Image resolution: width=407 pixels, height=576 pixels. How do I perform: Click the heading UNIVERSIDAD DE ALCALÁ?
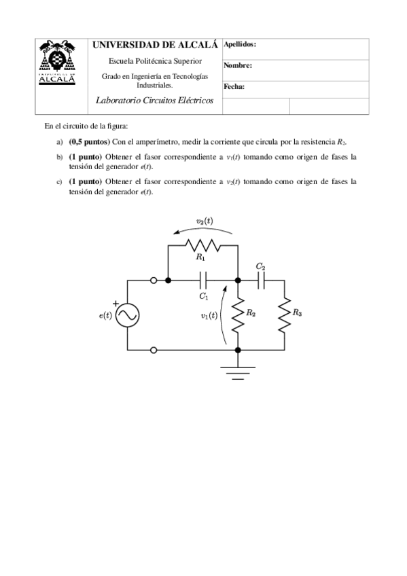point(155,46)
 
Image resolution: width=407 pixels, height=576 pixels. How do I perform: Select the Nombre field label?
point(237,66)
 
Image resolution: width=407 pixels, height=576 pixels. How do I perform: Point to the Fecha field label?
point(234,87)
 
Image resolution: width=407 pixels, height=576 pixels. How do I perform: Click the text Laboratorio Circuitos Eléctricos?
point(156,101)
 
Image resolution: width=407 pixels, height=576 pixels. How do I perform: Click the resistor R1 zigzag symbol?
point(202,245)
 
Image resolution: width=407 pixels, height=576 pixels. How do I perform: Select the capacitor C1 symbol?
point(203,280)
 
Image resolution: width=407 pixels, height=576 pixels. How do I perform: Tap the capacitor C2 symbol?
point(261,280)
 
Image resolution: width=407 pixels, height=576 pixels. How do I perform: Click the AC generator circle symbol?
point(126,314)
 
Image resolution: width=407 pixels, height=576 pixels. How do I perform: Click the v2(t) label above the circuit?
point(203,221)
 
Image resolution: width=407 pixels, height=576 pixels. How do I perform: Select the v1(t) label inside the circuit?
point(209,316)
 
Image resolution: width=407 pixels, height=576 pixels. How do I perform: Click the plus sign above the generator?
point(116,304)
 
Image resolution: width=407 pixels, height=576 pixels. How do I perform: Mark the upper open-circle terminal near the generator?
point(154,280)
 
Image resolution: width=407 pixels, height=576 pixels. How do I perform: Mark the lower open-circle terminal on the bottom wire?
point(154,350)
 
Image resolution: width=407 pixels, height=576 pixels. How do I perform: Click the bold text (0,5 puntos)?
point(89,142)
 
